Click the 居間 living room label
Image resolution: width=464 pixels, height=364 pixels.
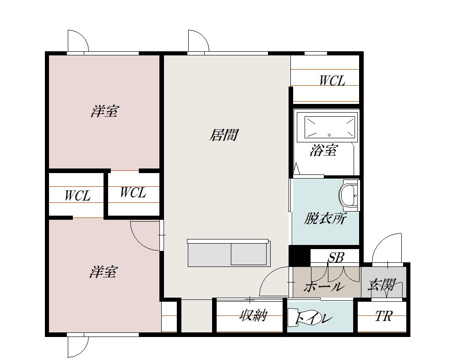coord(224,135)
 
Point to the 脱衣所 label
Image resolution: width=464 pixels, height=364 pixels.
coord(325,218)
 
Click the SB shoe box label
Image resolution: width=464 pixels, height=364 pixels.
coord(336,258)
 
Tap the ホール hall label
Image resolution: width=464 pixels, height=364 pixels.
coord(323,287)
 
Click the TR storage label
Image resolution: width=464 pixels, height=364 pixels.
coord(384,316)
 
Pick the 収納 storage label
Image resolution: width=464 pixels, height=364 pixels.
coord(253,315)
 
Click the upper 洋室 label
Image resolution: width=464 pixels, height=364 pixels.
coord(104,111)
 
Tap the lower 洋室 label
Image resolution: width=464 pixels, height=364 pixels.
coord(104,272)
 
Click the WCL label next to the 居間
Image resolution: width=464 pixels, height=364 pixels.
coord(133,192)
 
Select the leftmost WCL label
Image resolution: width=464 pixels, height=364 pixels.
coord(77,196)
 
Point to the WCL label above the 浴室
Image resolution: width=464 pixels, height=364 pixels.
coord(332,81)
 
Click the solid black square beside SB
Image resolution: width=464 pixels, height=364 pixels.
coord(299,256)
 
